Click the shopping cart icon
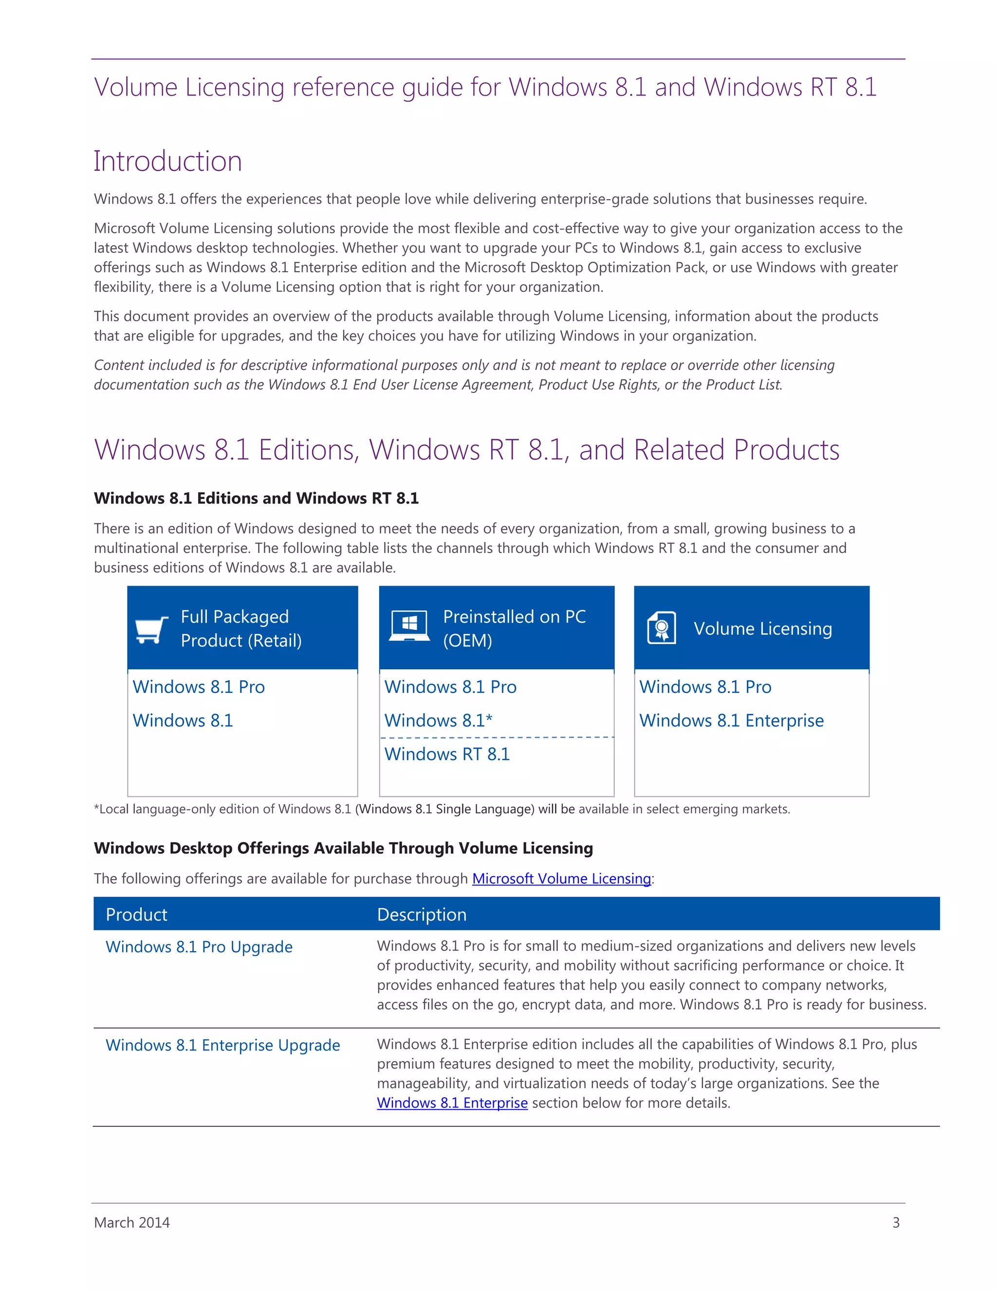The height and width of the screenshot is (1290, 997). click(151, 629)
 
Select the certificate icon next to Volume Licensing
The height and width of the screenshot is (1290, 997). click(662, 627)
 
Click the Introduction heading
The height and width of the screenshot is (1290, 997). click(168, 161)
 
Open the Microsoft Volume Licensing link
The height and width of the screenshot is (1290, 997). click(561, 878)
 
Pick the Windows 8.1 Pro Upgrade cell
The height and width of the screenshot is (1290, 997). click(199, 947)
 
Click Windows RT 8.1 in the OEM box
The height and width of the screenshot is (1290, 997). click(447, 754)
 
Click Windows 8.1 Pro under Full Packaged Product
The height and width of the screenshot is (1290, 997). click(199, 687)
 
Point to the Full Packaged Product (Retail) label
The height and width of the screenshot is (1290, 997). click(241, 628)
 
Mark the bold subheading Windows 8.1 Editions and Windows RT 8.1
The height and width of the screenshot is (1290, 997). click(257, 498)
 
